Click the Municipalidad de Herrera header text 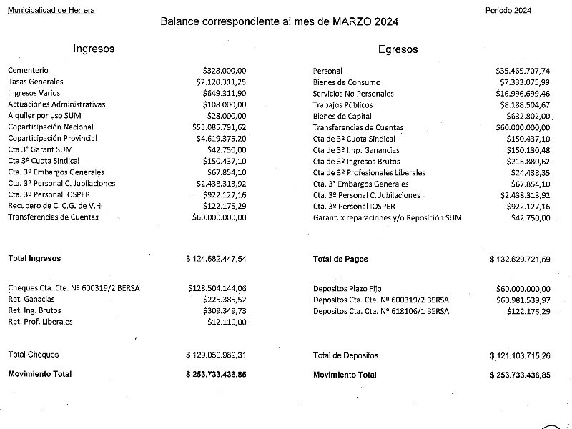(51, 11)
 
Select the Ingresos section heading (94, 49)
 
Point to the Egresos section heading (398, 50)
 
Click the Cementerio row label (29, 71)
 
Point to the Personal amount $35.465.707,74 (523, 71)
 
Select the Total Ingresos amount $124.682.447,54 (216, 258)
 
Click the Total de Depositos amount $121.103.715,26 (520, 355)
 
